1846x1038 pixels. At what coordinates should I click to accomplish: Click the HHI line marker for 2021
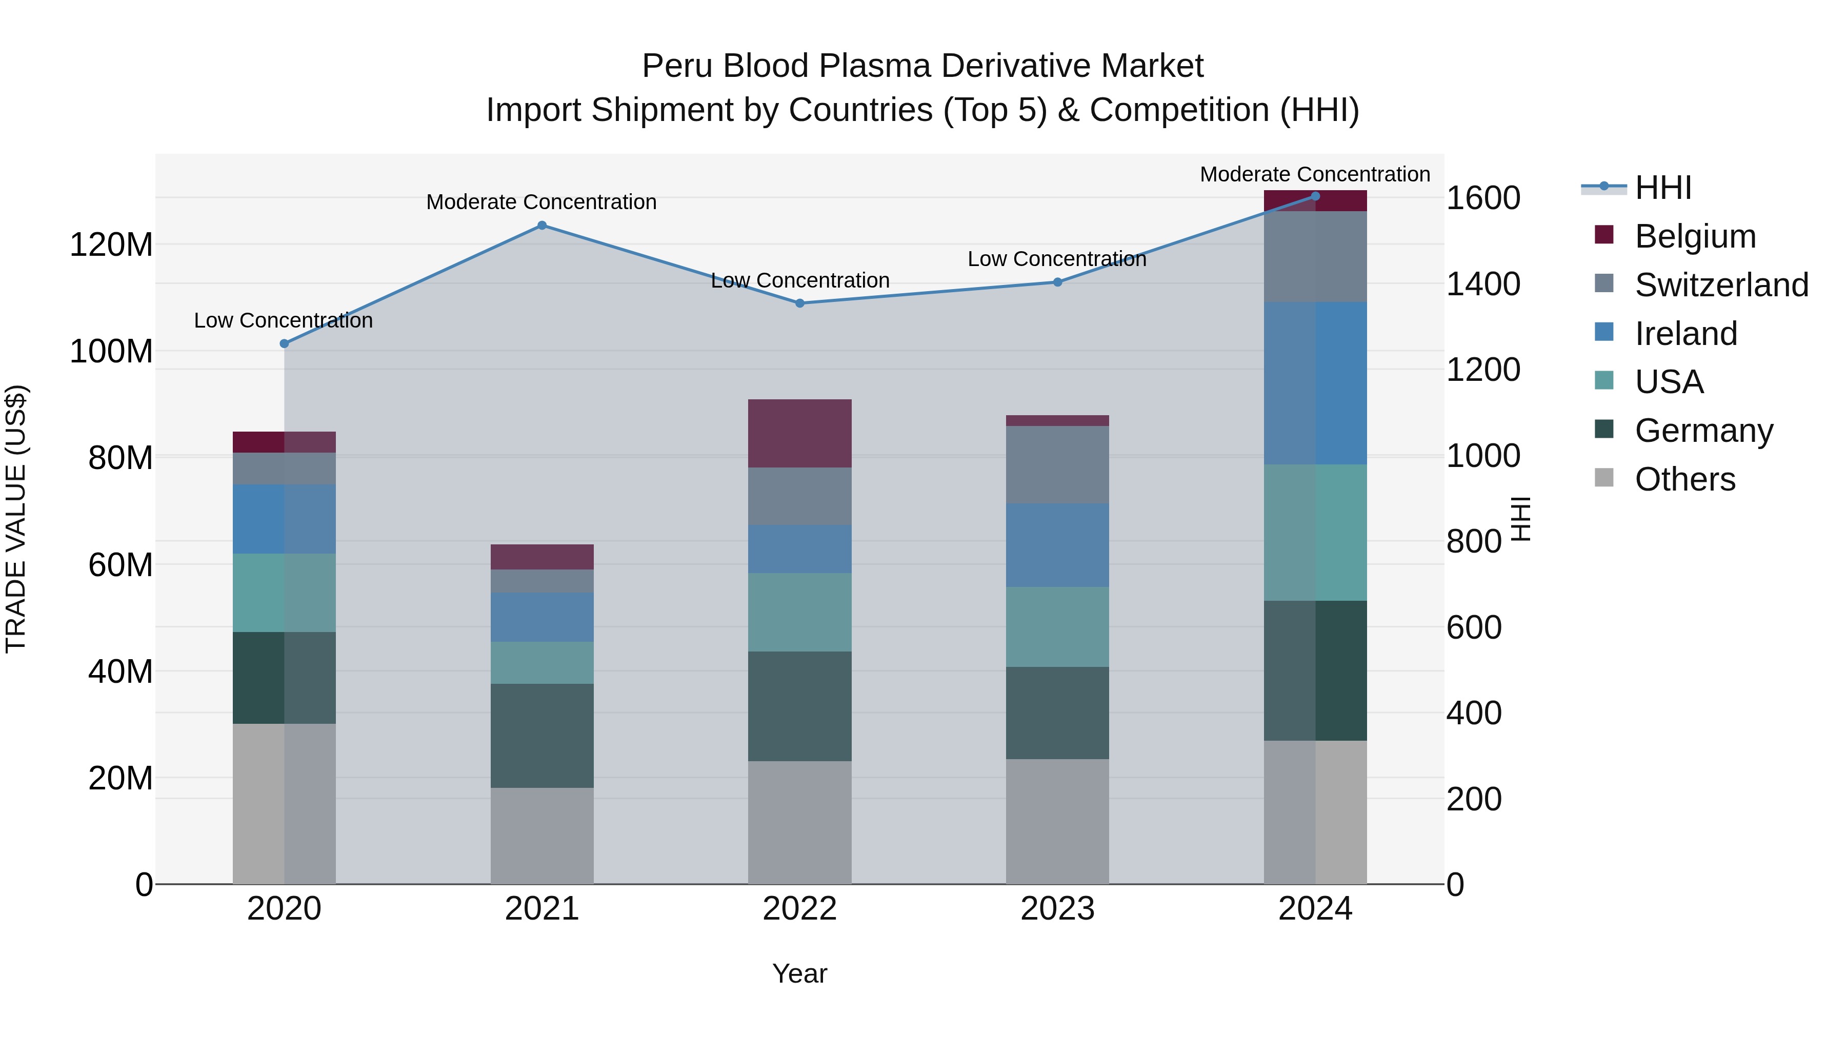click(x=542, y=226)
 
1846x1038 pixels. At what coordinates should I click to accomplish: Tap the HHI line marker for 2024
click(x=1315, y=196)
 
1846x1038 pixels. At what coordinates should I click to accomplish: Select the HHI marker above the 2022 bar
click(x=800, y=303)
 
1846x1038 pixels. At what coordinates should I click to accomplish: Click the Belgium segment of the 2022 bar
click(x=800, y=433)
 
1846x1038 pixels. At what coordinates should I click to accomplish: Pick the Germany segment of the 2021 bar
click(x=542, y=736)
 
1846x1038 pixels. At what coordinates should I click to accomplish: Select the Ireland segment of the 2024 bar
click(x=1315, y=383)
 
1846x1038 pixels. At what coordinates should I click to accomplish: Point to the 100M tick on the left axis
click(x=111, y=352)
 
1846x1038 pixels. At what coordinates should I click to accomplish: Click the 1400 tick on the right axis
click(x=1482, y=284)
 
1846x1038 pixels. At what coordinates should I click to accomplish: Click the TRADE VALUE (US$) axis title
click(x=16, y=519)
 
